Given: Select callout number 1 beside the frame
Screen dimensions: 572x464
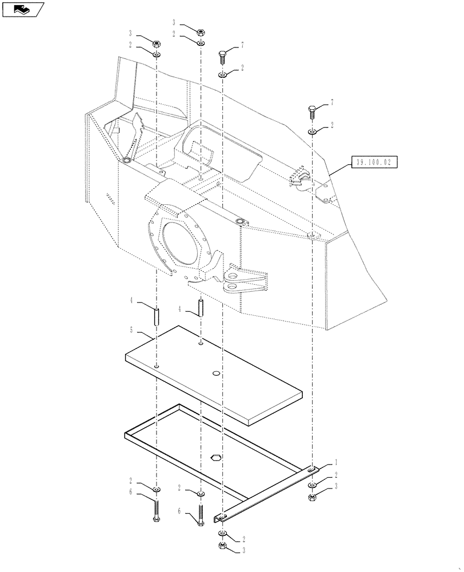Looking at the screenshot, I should point(337,462).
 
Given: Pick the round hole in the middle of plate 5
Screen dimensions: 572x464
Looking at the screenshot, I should point(216,374).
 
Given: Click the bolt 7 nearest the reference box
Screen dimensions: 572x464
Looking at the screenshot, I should point(312,111).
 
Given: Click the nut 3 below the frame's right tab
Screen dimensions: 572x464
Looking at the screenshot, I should point(313,498).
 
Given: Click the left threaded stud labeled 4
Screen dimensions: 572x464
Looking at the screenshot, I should point(157,315).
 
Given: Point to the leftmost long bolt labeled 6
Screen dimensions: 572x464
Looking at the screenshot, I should point(156,509).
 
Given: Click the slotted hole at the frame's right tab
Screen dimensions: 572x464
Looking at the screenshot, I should point(312,469).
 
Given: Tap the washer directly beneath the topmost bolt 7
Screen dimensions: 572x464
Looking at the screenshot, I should point(223,75).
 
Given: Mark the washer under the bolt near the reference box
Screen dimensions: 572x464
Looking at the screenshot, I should point(312,132).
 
